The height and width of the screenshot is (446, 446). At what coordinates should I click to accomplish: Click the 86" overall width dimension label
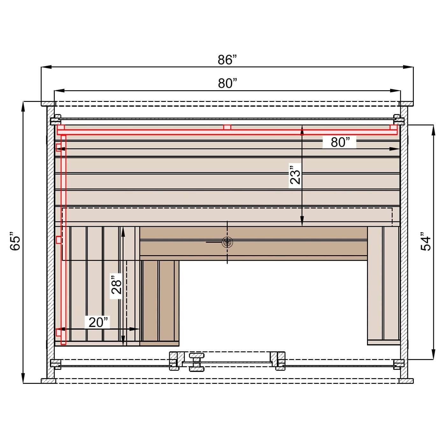coord(227,60)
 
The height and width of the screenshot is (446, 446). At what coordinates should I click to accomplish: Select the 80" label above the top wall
coord(227,83)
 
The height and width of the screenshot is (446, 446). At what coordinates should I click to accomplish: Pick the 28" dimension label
coord(116,285)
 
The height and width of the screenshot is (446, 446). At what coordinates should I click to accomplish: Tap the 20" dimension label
coord(98,322)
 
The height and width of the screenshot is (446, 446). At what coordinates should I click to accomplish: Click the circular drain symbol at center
coord(227,242)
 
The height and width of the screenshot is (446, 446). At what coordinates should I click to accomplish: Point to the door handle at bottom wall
coord(197,362)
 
